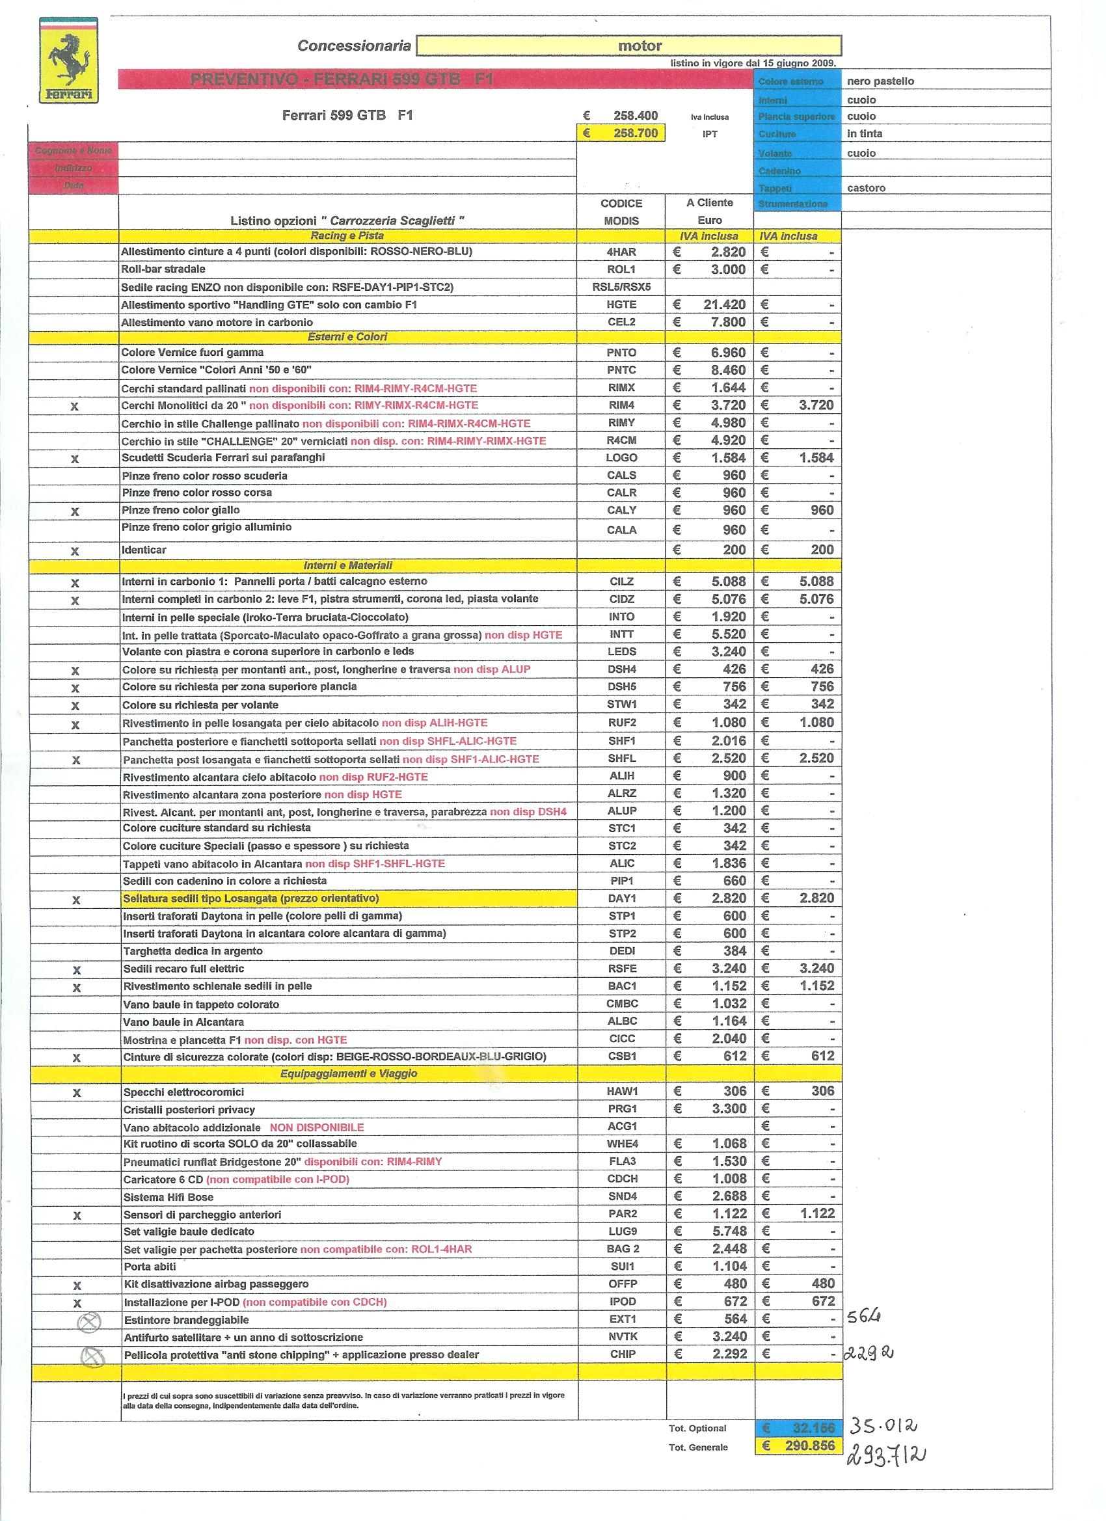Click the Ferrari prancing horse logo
click(68, 61)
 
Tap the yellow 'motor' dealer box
click(628, 46)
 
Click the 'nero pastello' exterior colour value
click(880, 81)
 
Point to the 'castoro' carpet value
click(866, 188)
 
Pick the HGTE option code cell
click(621, 304)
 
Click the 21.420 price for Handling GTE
click(723, 304)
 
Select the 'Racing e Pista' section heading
click(347, 236)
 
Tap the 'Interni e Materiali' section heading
click(347, 565)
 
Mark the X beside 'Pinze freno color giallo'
click(74, 512)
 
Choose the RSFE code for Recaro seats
click(622, 969)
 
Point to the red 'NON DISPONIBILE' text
click(317, 1127)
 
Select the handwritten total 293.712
click(886, 1455)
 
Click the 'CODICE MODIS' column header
click(621, 212)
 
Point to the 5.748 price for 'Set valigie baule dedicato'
click(729, 1231)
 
